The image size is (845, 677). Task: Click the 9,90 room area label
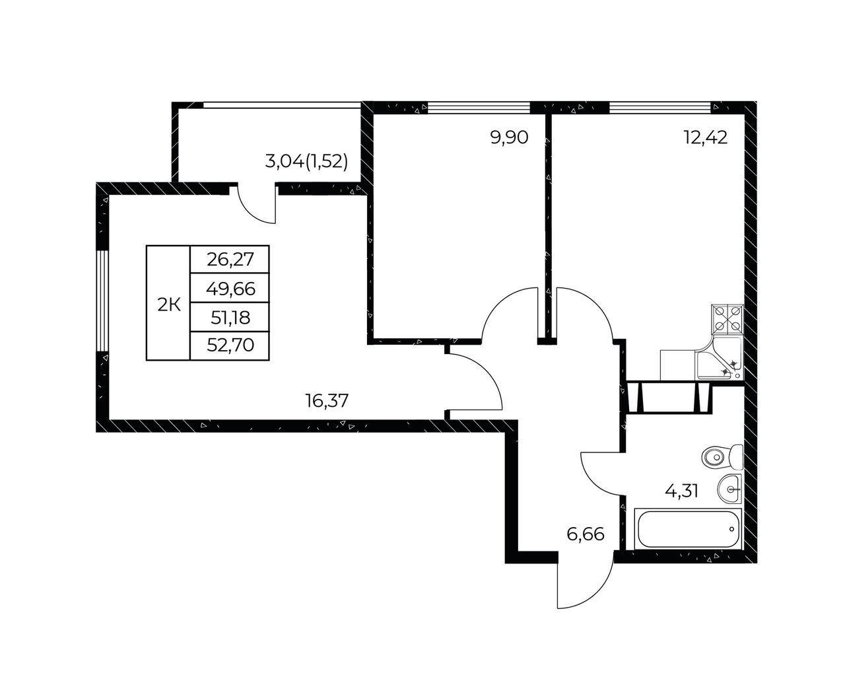tap(509, 138)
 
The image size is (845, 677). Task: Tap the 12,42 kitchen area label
tap(706, 138)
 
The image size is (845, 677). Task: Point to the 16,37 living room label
tap(327, 401)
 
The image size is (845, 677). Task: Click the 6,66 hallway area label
tap(585, 534)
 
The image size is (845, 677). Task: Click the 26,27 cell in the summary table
tap(230, 260)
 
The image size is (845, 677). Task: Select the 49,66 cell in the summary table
tap(230, 289)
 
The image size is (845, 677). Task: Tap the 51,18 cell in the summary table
tap(230, 318)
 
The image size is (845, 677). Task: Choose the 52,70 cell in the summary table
tap(230, 345)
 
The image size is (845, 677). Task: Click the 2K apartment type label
tap(169, 305)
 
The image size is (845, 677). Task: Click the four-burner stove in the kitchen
tap(728, 319)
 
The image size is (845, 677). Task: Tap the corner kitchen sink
tap(720, 359)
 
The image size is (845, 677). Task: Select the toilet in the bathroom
tap(722, 457)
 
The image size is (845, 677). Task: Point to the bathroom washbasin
tap(729, 489)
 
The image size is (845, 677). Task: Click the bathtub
tap(689, 529)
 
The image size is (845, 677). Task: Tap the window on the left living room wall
tap(102, 301)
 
